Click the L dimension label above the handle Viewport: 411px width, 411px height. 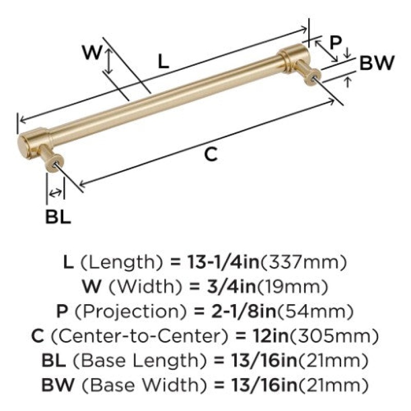pyautogui.click(x=163, y=61)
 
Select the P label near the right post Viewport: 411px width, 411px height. pyautogui.click(x=336, y=43)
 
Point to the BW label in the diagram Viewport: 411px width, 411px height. pyautogui.click(x=377, y=63)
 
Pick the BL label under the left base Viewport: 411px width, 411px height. pyautogui.click(x=58, y=216)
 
